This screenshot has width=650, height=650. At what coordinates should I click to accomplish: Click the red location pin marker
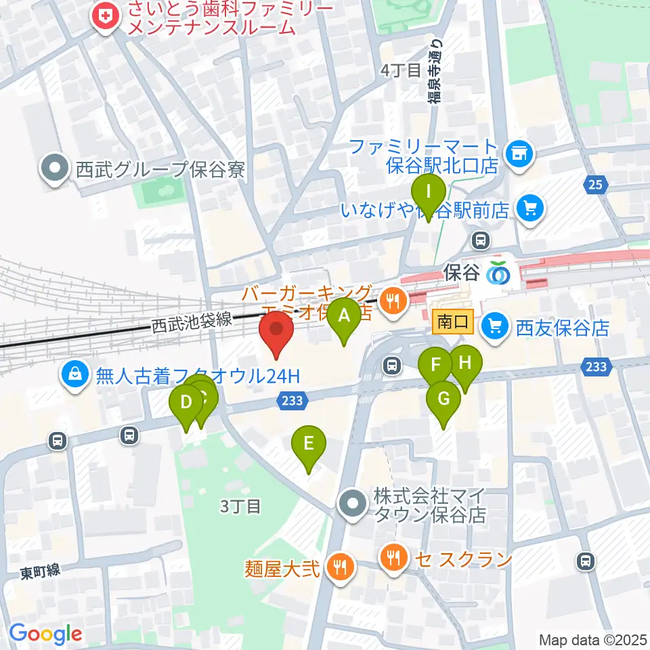276,333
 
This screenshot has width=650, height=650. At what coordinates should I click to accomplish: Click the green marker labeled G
443,399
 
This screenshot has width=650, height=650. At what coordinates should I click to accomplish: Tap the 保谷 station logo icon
500,272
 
